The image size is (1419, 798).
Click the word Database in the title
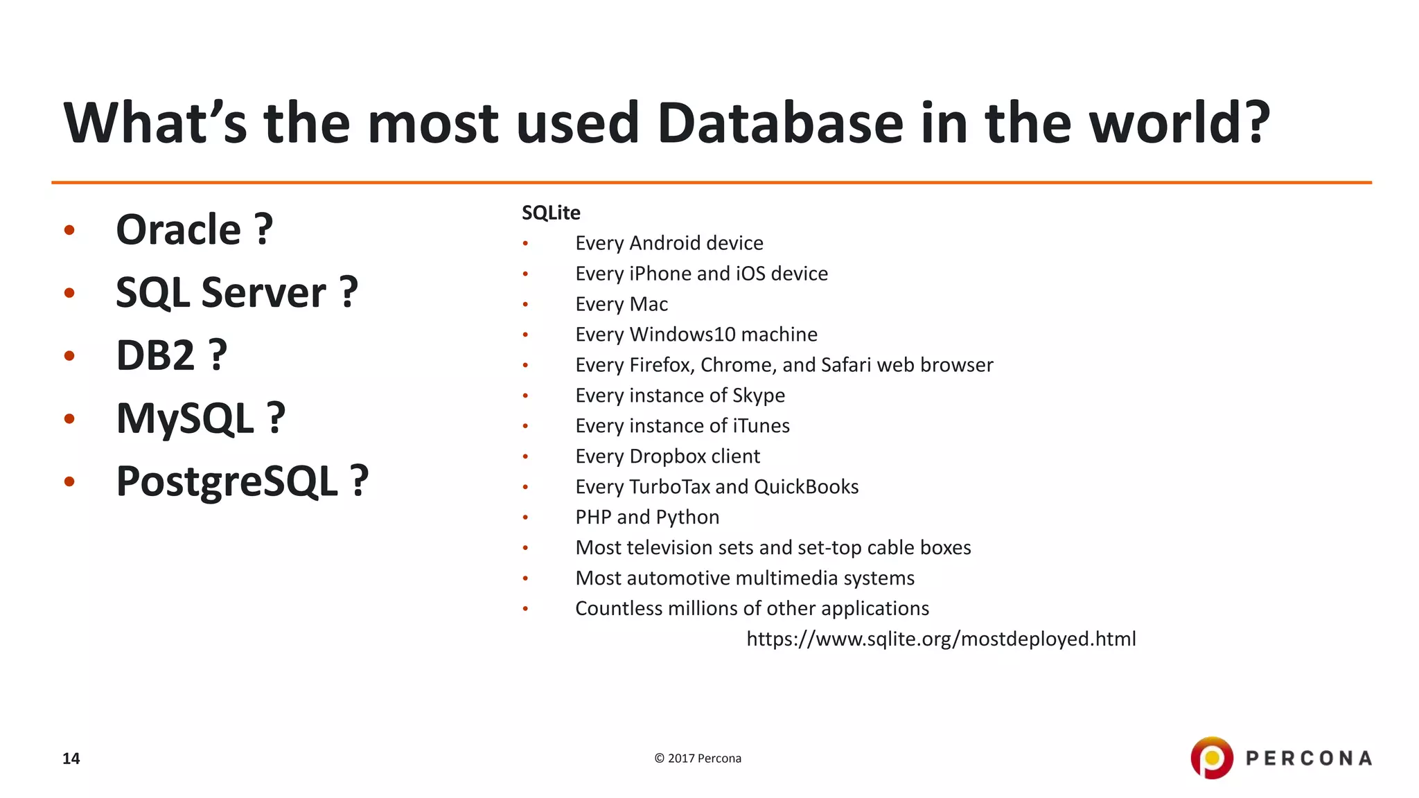point(780,123)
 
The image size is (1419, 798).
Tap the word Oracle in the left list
point(178,230)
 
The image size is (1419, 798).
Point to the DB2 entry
point(156,356)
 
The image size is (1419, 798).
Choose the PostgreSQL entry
point(227,481)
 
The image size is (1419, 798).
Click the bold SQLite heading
point(551,213)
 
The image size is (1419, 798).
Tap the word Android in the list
point(664,243)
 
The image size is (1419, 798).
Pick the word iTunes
point(761,426)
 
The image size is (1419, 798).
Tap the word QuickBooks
point(806,487)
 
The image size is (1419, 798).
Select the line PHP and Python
point(647,517)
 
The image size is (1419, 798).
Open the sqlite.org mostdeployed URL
point(941,639)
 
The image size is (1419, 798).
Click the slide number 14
point(71,759)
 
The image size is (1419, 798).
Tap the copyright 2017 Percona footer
point(698,759)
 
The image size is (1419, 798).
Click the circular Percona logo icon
point(1211,758)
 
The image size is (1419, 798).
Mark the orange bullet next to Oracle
point(69,230)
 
